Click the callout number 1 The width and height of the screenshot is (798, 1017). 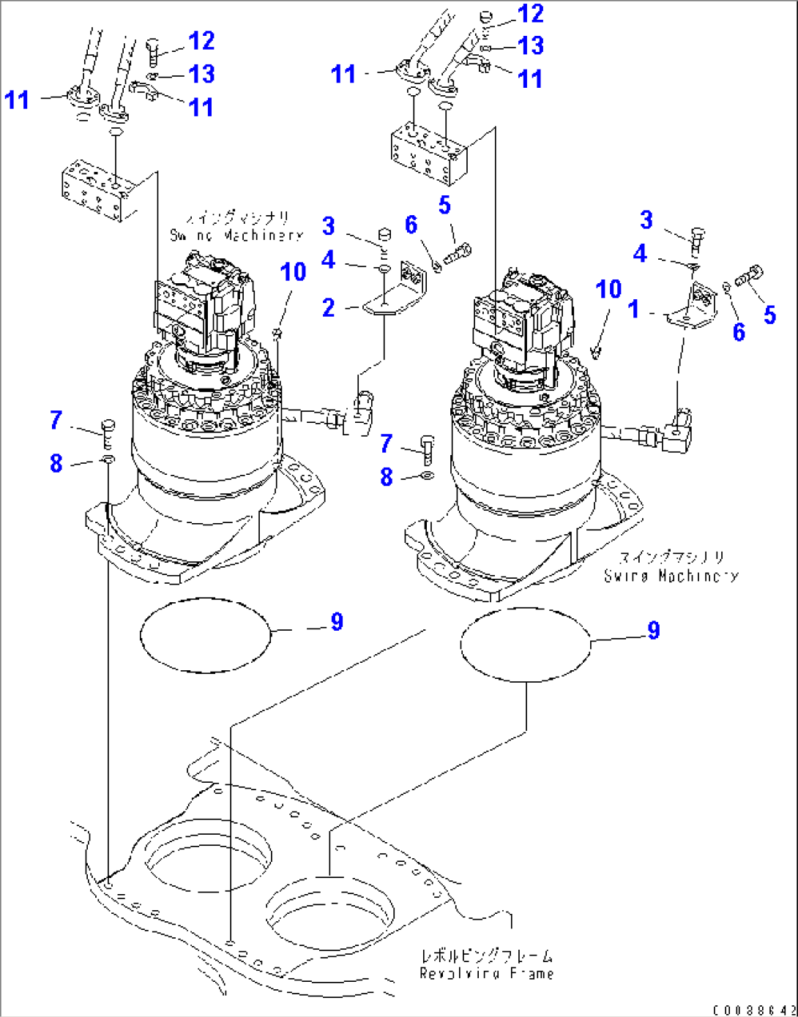pyautogui.click(x=634, y=309)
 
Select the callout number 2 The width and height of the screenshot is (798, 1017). pyautogui.click(x=329, y=307)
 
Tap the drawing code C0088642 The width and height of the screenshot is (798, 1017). pyautogui.click(x=753, y=1010)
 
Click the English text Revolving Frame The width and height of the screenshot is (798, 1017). pyautogui.click(x=486, y=974)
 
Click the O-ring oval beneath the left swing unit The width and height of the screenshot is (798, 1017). pyautogui.click(x=205, y=634)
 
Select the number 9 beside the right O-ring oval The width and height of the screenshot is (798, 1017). pyautogui.click(x=653, y=630)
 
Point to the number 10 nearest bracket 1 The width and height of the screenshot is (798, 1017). pyautogui.click(x=608, y=289)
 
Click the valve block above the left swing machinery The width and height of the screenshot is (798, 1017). pyautogui.click(x=97, y=189)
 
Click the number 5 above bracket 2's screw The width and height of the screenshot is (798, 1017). pyautogui.click(x=444, y=206)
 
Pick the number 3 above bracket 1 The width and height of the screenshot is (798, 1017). pyautogui.click(x=646, y=219)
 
